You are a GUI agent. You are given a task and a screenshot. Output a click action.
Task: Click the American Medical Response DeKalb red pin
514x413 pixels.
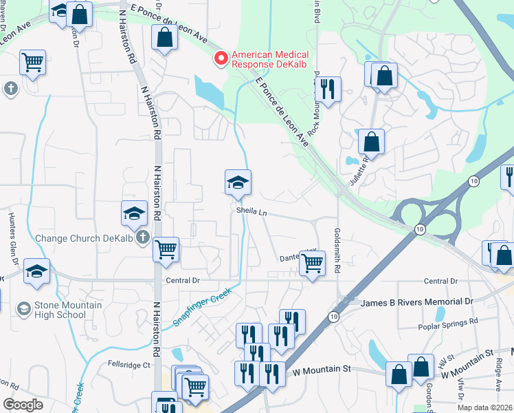click(221, 59)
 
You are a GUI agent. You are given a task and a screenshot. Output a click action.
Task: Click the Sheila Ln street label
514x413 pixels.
click(252, 212)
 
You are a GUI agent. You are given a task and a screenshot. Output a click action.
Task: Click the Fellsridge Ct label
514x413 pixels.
click(128, 365)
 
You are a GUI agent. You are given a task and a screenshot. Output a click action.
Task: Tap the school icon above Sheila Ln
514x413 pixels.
click(238, 182)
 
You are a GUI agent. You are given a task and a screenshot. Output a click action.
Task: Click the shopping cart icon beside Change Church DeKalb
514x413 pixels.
click(166, 249)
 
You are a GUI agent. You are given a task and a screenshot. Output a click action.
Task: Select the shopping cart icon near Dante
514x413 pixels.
click(313, 262)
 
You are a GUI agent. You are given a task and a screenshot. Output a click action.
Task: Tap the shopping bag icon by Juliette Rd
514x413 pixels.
click(371, 142)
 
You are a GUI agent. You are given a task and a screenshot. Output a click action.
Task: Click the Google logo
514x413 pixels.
click(23, 404)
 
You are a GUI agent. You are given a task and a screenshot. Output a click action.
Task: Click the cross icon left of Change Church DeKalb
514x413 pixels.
click(143, 238)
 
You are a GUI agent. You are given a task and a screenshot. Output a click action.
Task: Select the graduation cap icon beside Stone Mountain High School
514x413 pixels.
click(24, 307)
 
